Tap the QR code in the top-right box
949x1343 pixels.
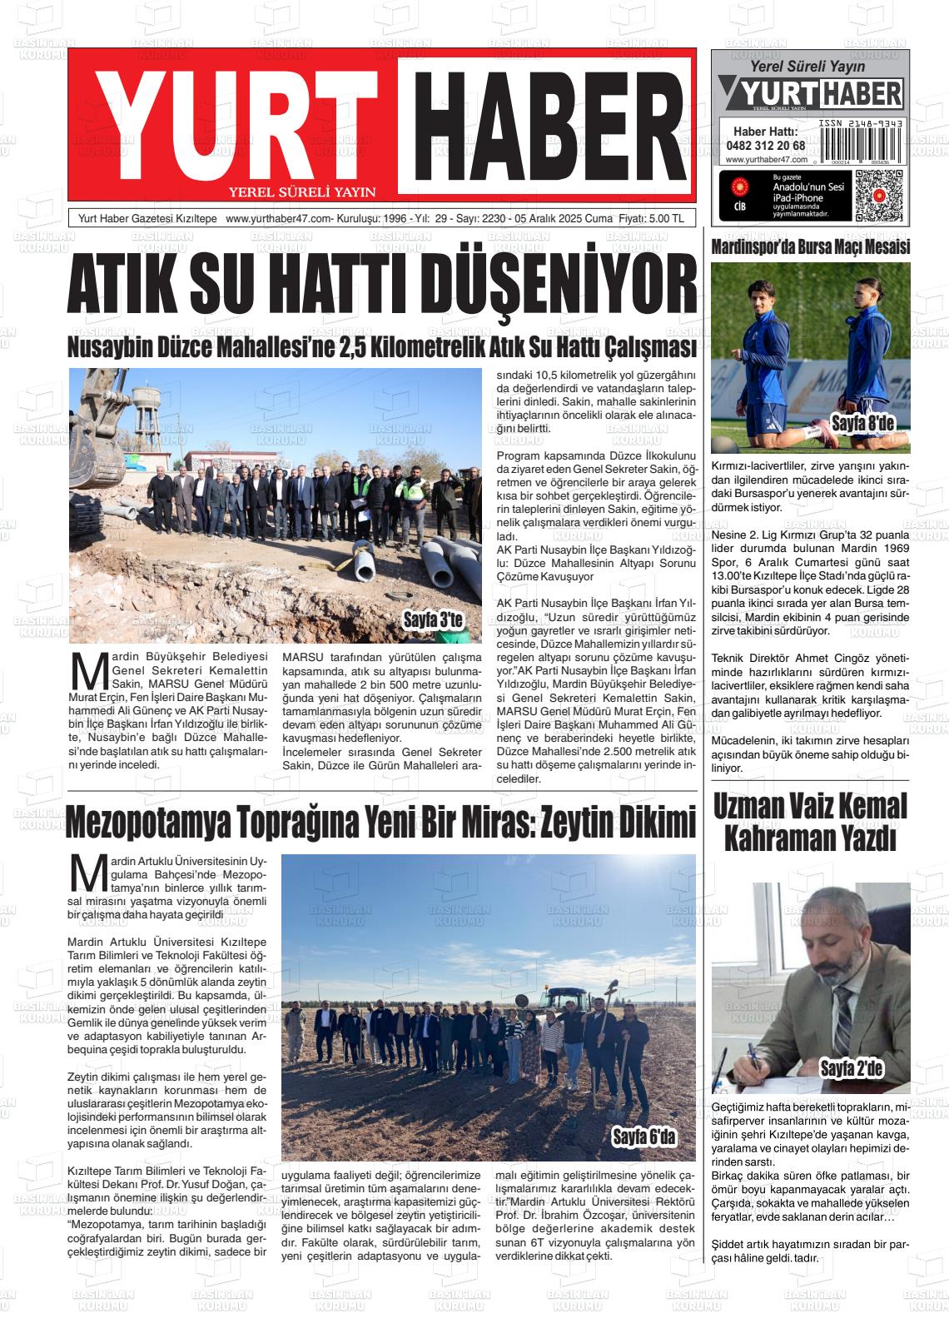point(877,193)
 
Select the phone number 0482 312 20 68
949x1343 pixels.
point(765,145)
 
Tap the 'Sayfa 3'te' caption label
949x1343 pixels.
point(432,619)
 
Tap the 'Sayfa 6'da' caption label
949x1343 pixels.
point(644,1137)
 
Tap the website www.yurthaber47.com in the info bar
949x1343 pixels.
point(278,219)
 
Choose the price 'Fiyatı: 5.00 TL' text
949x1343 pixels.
point(650,219)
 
